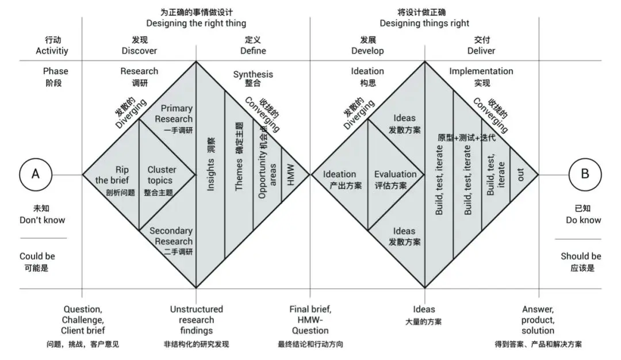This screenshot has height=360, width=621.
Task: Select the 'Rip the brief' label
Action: click(112, 175)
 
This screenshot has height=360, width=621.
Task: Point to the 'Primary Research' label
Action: click(174, 114)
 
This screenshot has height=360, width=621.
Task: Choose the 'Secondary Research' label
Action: click(171, 236)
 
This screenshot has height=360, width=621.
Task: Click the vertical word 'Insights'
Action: click(210, 175)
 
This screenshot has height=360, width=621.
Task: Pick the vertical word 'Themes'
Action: click(239, 175)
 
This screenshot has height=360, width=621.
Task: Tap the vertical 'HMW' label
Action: click(291, 175)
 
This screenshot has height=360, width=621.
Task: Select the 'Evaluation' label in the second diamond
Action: click(395, 174)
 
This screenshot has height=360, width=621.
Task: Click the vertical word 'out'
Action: click(520, 175)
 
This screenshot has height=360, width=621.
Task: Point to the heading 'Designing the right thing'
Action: click(196, 24)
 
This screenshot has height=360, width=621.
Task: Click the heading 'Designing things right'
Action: click(424, 24)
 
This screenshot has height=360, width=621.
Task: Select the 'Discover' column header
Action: click(139, 51)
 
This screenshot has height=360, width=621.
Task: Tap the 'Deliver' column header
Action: click(481, 51)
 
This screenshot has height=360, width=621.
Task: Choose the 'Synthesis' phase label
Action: click(253, 74)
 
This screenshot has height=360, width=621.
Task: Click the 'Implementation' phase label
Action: click(481, 71)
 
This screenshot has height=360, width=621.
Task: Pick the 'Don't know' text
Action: click(43, 220)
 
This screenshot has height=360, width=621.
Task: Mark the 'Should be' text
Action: click(581, 256)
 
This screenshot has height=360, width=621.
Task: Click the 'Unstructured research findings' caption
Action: click(197, 320)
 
